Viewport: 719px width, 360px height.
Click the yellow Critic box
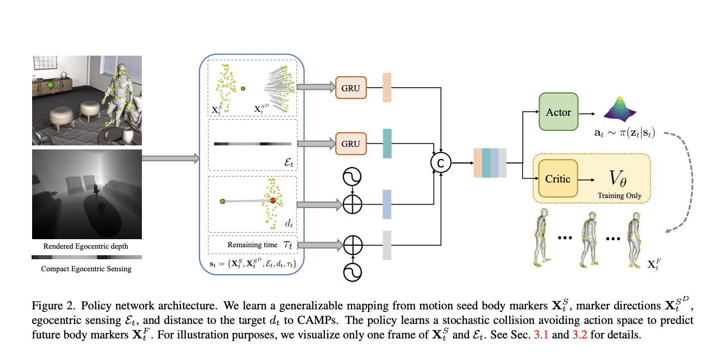(x=558, y=179)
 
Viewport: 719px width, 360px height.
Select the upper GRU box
(x=350, y=88)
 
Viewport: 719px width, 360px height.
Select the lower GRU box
(x=350, y=144)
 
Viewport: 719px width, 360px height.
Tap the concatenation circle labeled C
(x=441, y=162)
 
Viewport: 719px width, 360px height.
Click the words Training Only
(x=619, y=196)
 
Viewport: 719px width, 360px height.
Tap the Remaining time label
(x=252, y=245)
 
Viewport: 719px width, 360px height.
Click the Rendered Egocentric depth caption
(x=86, y=246)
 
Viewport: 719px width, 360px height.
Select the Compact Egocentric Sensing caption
(x=86, y=269)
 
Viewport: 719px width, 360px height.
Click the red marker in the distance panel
(x=273, y=201)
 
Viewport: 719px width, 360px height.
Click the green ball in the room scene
(x=51, y=86)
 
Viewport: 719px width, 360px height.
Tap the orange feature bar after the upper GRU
(x=387, y=88)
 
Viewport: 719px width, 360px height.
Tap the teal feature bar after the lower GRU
(x=387, y=144)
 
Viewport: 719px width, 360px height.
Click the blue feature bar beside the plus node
(x=387, y=204)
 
